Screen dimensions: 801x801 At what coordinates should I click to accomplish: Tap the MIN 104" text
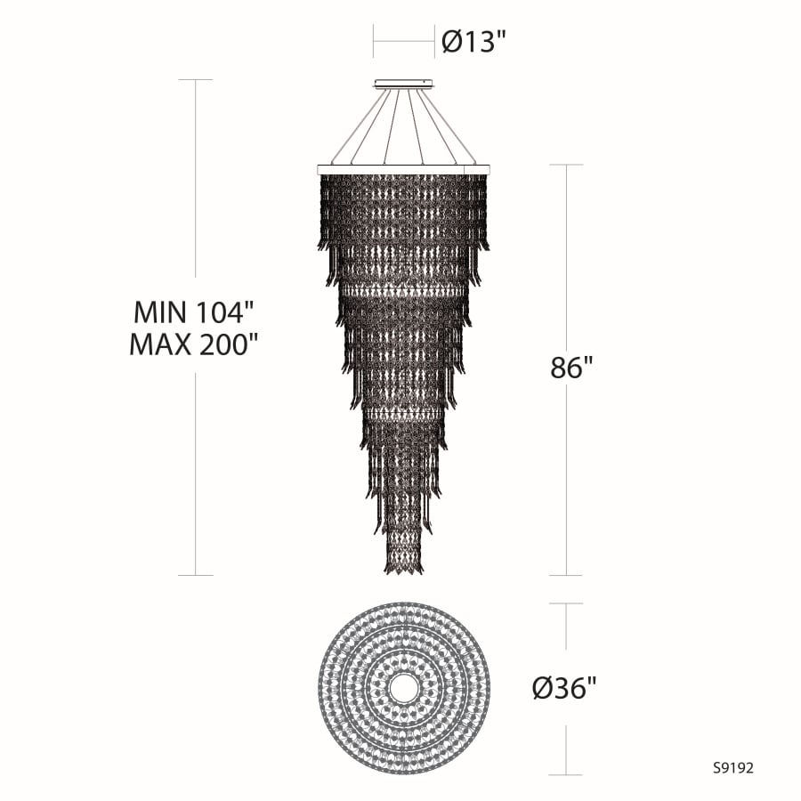(194, 311)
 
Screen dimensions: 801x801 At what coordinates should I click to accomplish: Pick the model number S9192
(733, 768)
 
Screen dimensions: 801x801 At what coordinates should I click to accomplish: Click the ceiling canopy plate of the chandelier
(403, 84)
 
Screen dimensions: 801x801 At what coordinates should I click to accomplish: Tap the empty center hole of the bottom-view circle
(403, 689)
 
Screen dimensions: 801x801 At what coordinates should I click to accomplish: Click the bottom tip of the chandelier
(404, 573)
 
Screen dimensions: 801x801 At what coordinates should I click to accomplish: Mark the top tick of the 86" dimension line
(567, 165)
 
